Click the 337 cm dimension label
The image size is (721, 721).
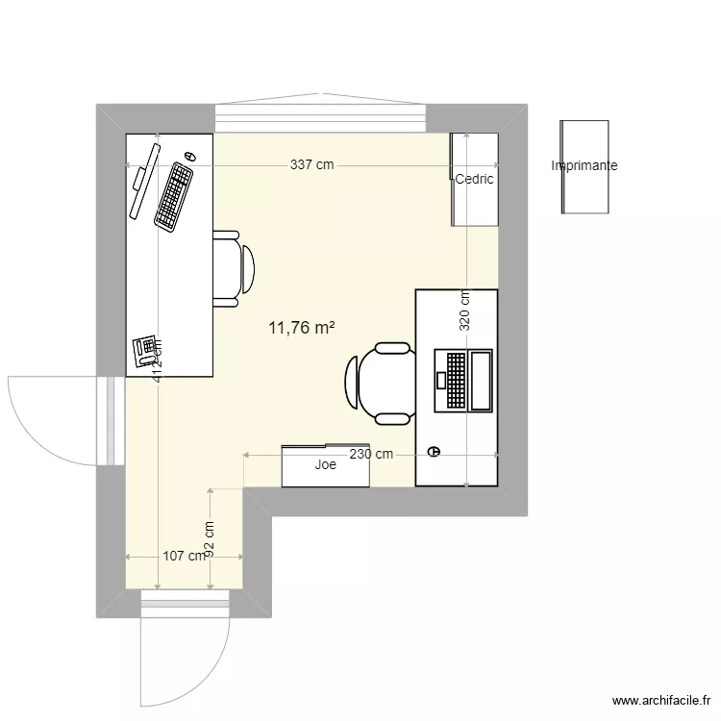[311, 165]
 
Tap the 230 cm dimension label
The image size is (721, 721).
[371, 454]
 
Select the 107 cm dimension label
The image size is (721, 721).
[183, 556]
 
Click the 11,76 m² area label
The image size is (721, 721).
[302, 328]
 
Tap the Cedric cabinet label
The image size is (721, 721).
[474, 179]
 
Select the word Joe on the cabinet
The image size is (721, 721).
[325, 465]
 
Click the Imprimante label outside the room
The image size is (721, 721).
[584, 166]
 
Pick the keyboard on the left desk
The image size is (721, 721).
[173, 196]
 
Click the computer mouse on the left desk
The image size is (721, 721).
[189, 156]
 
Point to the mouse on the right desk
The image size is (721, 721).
[435, 450]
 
